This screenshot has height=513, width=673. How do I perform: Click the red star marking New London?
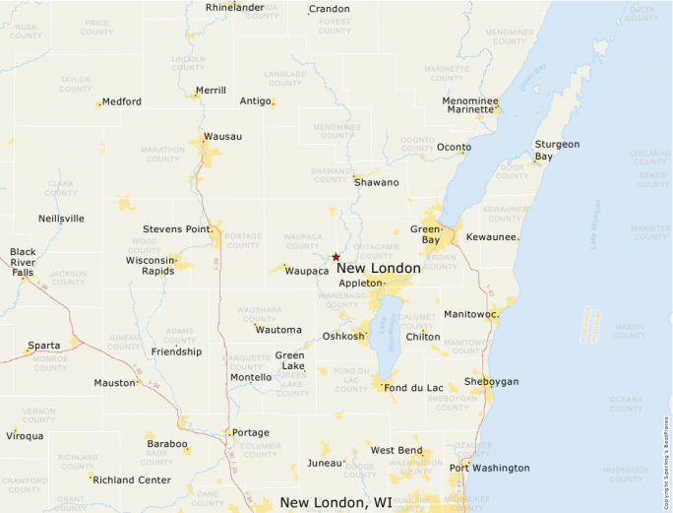coord(336,256)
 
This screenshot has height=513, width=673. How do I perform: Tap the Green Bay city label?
coord(425,234)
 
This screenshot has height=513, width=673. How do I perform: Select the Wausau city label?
coord(222,136)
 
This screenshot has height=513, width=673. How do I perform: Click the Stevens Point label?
coord(177,229)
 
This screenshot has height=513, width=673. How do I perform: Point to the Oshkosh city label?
coord(344,337)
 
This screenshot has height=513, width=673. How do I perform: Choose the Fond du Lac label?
coord(413,387)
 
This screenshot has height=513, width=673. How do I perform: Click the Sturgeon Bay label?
coord(557,150)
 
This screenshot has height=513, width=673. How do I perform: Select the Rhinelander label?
coord(234,7)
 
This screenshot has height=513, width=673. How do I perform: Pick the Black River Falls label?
coord(23,262)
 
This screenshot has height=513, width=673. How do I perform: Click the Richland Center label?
coord(133,481)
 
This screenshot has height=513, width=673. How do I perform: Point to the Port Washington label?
coord(489,468)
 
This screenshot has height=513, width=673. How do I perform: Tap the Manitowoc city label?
coord(470,314)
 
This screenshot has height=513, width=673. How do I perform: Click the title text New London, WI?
coord(336,502)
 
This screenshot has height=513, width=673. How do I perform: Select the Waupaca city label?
coord(308,270)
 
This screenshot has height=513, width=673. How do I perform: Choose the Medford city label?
coord(122,101)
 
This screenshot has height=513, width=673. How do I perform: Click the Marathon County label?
coord(162,155)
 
